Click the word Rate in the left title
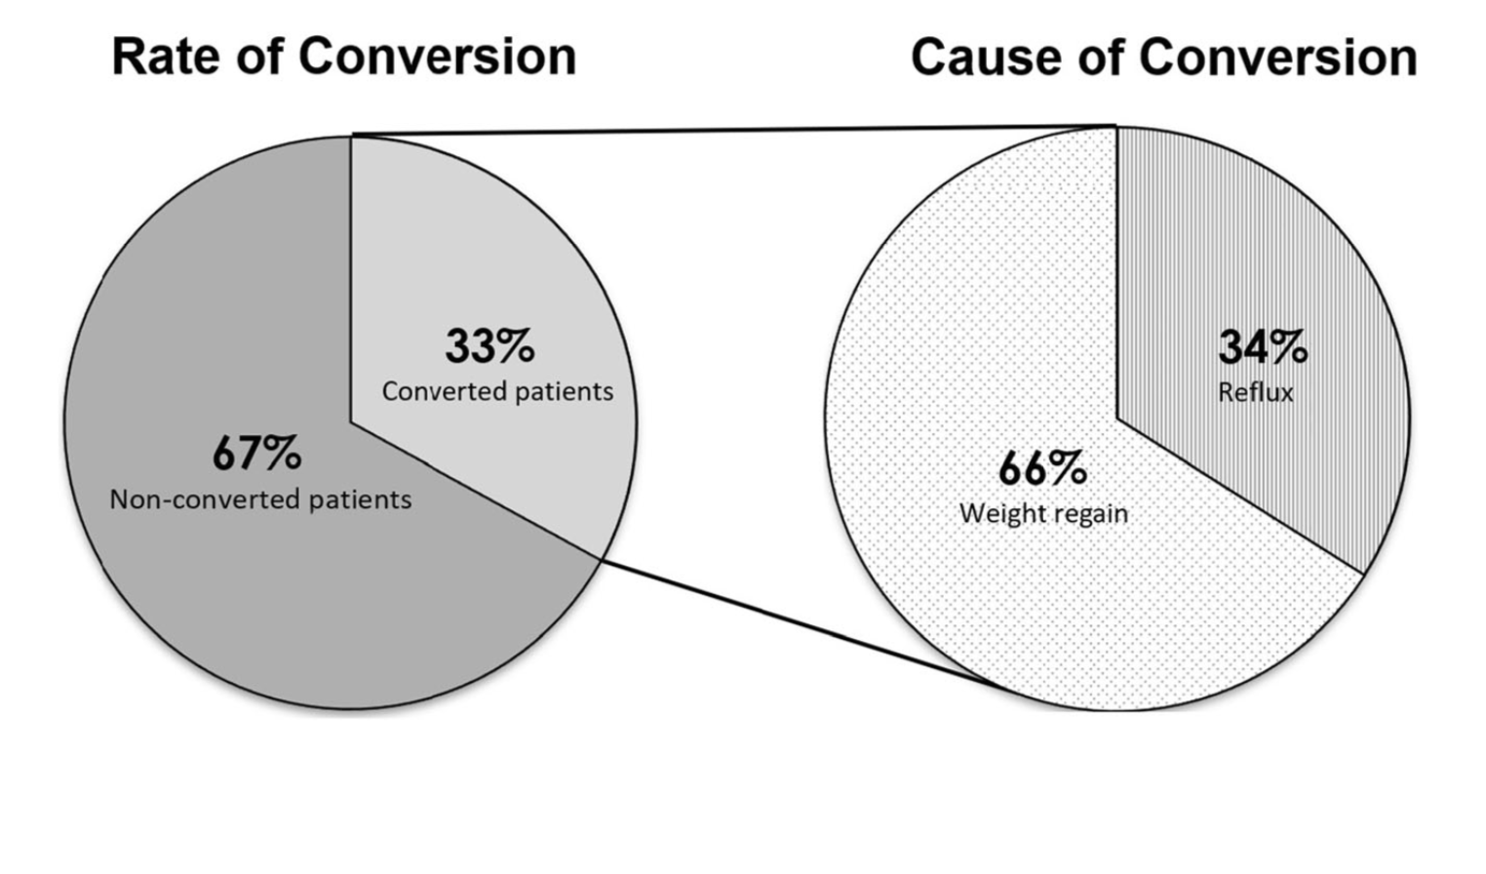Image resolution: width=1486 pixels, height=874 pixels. point(166,58)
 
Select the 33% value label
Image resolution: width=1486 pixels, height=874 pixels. point(489,345)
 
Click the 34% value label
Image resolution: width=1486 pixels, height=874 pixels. point(1263,346)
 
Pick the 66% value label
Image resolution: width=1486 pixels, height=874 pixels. point(1043,468)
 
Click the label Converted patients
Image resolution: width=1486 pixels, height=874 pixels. point(497,391)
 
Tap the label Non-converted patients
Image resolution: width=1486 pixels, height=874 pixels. point(260,499)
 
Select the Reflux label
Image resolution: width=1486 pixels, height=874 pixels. point(1256,392)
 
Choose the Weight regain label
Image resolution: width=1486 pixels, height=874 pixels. point(1043,514)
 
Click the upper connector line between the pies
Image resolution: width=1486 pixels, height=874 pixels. point(734,130)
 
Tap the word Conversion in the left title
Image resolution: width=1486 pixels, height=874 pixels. point(438,58)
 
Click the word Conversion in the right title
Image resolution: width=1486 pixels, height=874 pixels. point(1277,58)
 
